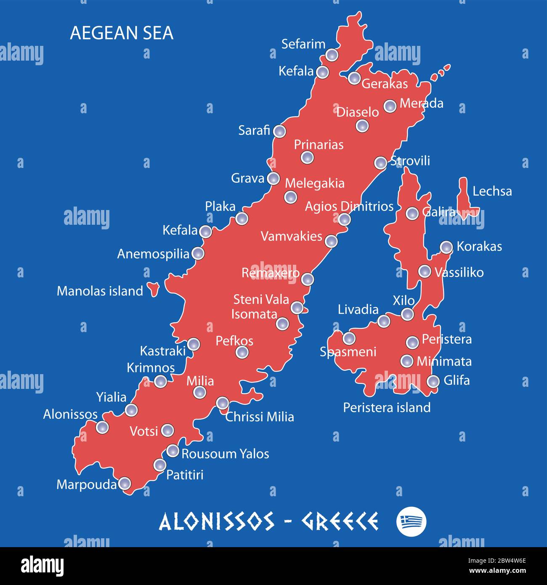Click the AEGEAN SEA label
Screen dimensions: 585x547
tap(121, 33)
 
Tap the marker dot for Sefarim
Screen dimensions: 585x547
tap(332, 55)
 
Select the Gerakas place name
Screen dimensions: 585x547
tap(385, 84)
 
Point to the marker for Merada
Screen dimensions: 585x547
tap(390, 106)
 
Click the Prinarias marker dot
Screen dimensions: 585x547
tap(307, 157)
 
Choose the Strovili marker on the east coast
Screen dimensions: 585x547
tap(380, 162)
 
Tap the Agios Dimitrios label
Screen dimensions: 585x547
tap(349, 207)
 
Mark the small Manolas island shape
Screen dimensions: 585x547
tap(153, 289)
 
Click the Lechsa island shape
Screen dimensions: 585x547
tap(464, 197)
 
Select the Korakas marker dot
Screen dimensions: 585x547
tap(446, 247)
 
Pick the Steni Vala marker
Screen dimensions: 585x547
tap(297, 307)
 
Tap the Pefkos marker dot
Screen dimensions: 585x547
tap(242, 352)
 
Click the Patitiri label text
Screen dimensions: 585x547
tap(185, 475)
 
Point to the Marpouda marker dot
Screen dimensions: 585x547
tap(125, 484)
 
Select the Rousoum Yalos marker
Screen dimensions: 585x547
tap(173, 451)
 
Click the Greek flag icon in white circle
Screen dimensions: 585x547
tap(411, 521)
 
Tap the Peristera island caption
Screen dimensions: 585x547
tap(387, 407)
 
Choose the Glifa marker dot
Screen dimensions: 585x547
tap(433, 381)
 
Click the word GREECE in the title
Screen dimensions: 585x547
tap(340, 521)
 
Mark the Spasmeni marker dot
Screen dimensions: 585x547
tap(349, 338)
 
